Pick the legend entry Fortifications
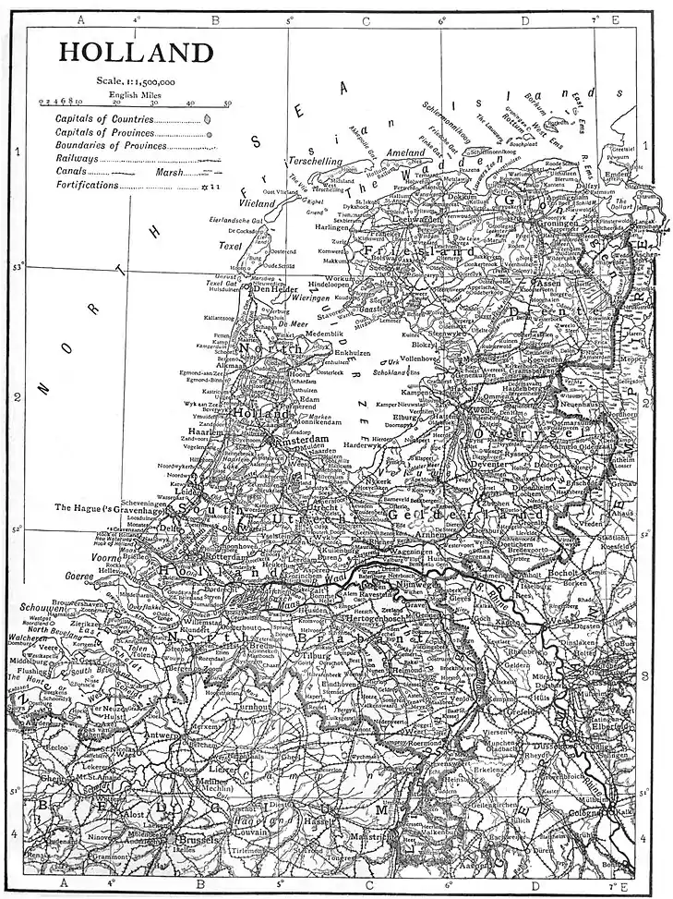87,185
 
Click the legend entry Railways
77,159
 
